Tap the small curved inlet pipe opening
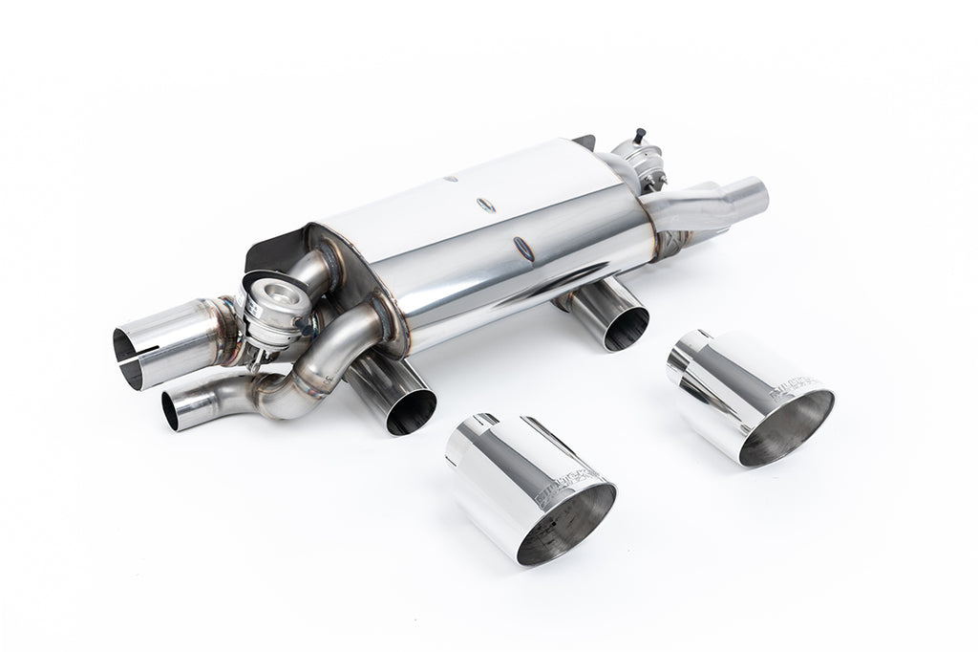pos(173,410)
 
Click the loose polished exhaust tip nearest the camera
pos(530,488)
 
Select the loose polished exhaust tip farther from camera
pos(750,397)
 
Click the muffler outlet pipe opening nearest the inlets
pos(412,412)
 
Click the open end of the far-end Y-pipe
pos(755,195)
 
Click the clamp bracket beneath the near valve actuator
pos(256,359)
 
